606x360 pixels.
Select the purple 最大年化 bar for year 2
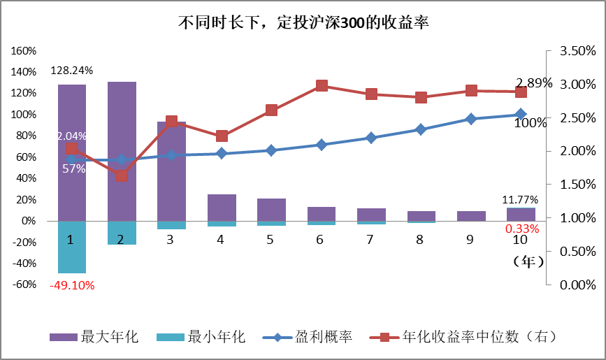pyautogui.click(x=122, y=150)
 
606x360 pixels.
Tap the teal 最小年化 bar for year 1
pyautogui.click(x=72, y=247)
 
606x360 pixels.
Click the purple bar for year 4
pyautogui.click(x=222, y=207)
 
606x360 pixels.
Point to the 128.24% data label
pyautogui.click(x=72, y=71)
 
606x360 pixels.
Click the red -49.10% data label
pyautogui.click(x=72, y=285)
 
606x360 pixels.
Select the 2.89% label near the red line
pyautogui.click(x=534, y=83)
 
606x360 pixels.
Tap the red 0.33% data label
pyautogui.click(x=522, y=229)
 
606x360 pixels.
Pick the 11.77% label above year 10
pyautogui.click(x=521, y=201)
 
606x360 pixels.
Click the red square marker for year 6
pyautogui.click(x=322, y=86)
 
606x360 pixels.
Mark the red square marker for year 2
pyautogui.click(x=122, y=175)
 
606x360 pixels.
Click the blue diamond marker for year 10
pyautogui.click(x=521, y=114)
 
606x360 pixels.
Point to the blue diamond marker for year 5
pyautogui.click(x=271, y=150)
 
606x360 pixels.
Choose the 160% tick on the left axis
pyautogui.click(x=24, y=51)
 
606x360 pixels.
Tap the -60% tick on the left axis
pyautogui.click(x=24, y=285)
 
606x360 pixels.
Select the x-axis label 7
pyautogui.click(x=371, y=240)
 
